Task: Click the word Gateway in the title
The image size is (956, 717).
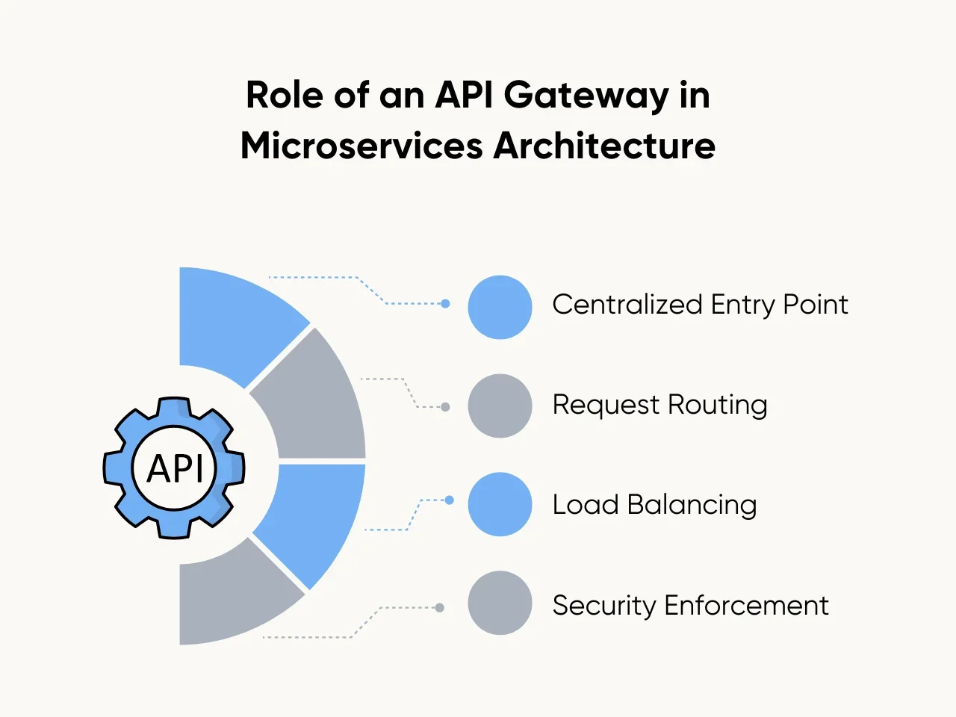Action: pos(586,96)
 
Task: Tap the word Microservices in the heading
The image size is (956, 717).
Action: pos(361,146)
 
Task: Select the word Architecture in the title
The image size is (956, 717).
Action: pos(604,146)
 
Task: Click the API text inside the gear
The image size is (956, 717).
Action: pos(175,469)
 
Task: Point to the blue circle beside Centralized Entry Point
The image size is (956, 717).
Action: pos(500,307)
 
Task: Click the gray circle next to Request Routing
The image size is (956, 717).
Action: pos(500,406)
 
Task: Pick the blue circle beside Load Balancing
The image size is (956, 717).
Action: pos(500,504)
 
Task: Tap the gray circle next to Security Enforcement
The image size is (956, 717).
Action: pos(500,603)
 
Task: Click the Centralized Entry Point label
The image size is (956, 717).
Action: pos(700,305)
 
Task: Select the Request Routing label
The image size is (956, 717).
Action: pos(659,405)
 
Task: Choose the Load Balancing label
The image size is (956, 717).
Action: pos(654,505)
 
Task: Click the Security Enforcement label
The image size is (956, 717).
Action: pos(690,605)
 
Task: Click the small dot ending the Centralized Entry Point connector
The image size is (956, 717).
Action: pos(445,304)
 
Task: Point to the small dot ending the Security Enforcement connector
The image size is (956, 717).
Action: pos(439,608)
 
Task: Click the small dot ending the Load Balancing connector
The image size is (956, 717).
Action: pos(449,500)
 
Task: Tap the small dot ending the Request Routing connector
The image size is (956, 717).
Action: pos(445,407)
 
